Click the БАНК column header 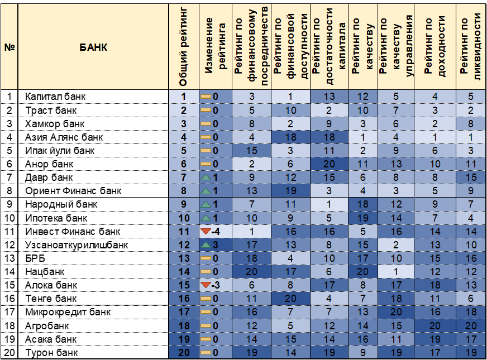[x=93, y=47]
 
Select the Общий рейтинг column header [x=184, y=47]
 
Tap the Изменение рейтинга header [x=214, y=47]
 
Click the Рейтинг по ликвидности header [x=471, y=47]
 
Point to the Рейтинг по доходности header [x=435, y=47]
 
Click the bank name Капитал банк [x=55, y=97]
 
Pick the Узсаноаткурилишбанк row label [x=77, y=245]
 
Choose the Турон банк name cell [x=51, y=353]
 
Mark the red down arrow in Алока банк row [x=206, y=285]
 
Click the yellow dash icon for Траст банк [x=206, y=111]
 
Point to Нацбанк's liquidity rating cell [x=471, y=272]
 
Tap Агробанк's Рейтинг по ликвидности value [x=471, y=326]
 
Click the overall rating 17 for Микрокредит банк [x=184, y=313]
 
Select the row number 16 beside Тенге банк [x=9, y=299]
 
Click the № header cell [x=9, y=47]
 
